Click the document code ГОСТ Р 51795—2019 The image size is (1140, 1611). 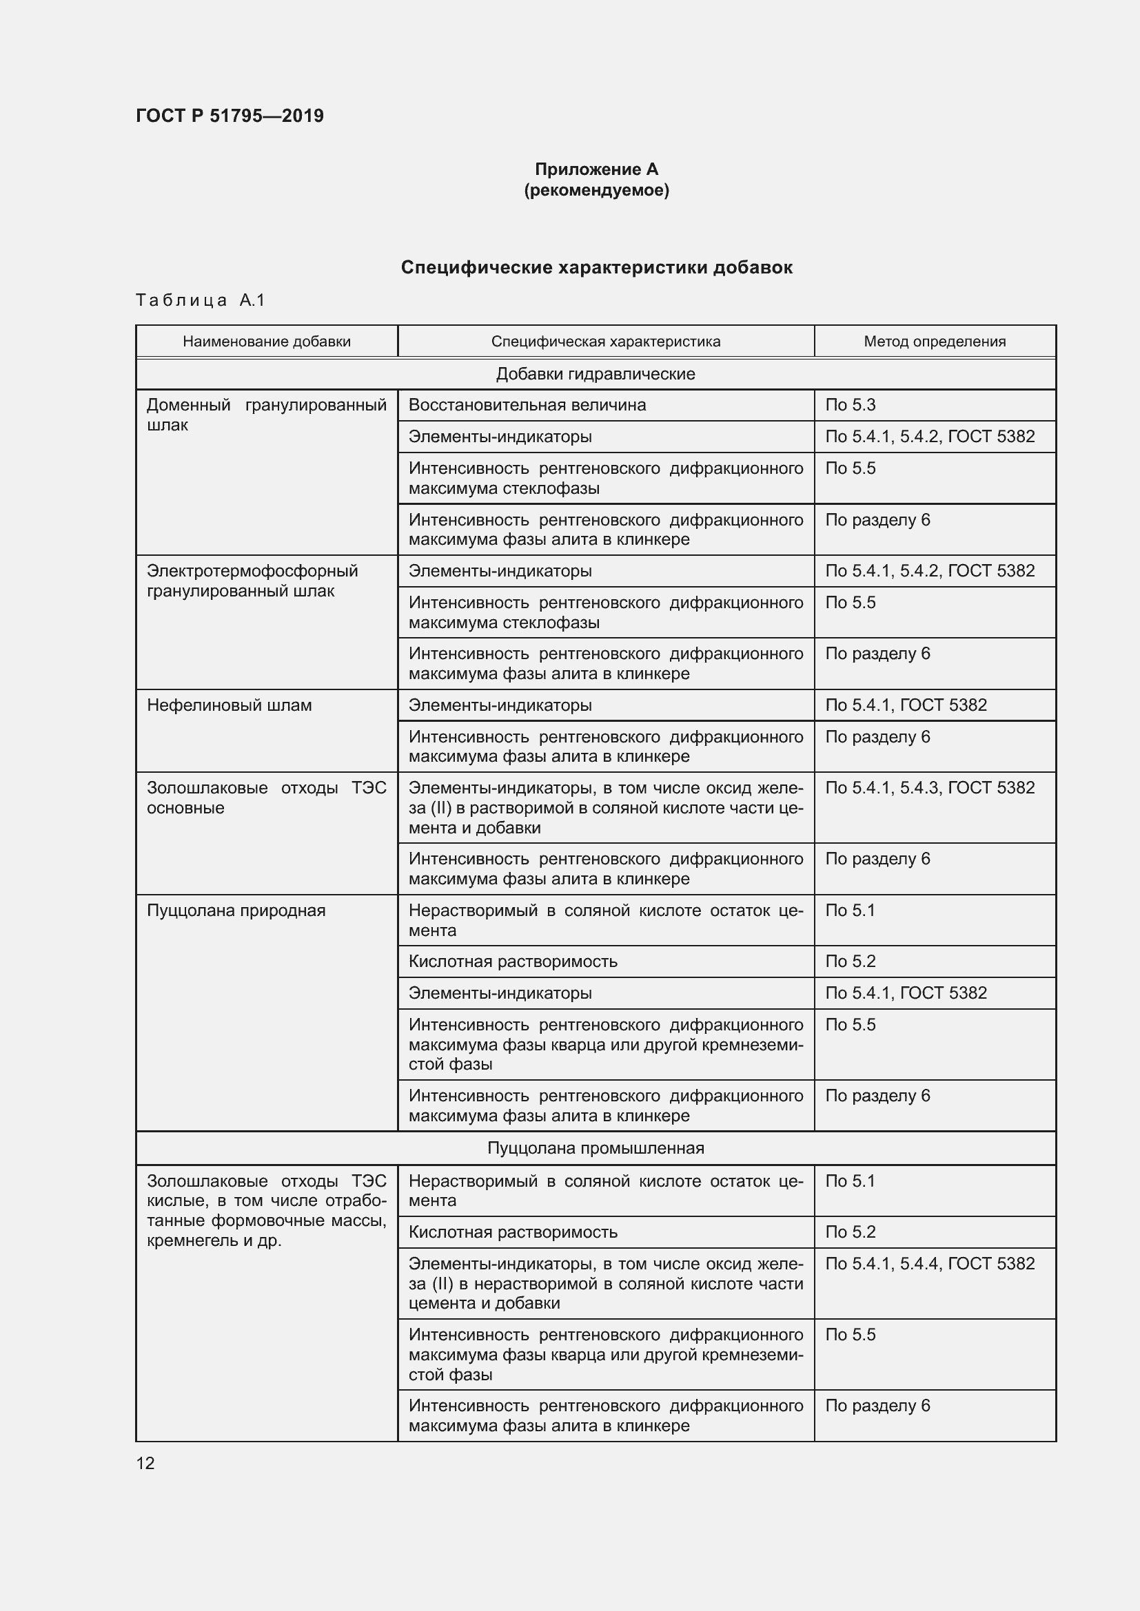pos(230,116)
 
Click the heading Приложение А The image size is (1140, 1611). pos(596,169)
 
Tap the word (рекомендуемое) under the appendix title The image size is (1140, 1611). pos(596,190)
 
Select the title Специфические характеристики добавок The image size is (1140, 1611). pos(596,267)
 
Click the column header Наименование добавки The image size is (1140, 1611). pos(267,342)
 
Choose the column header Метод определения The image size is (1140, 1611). pos(935,342)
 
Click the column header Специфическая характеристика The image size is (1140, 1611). pos(605,342)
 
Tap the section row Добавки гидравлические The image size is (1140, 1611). pos(596,374)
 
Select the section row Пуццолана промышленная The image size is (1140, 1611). pos(596,1148)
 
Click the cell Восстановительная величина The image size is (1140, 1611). pos(527,405)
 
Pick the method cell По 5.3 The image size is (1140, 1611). pos(850,405)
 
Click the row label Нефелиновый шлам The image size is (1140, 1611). pos(229,705)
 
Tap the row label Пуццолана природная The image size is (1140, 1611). pos(236,910)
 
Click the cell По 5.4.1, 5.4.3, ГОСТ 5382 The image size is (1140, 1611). pos(929,787)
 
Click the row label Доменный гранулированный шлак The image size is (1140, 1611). pos(266,415)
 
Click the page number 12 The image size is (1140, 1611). pos(145,1463)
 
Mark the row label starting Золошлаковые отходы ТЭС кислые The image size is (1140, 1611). pos(266,1210)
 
